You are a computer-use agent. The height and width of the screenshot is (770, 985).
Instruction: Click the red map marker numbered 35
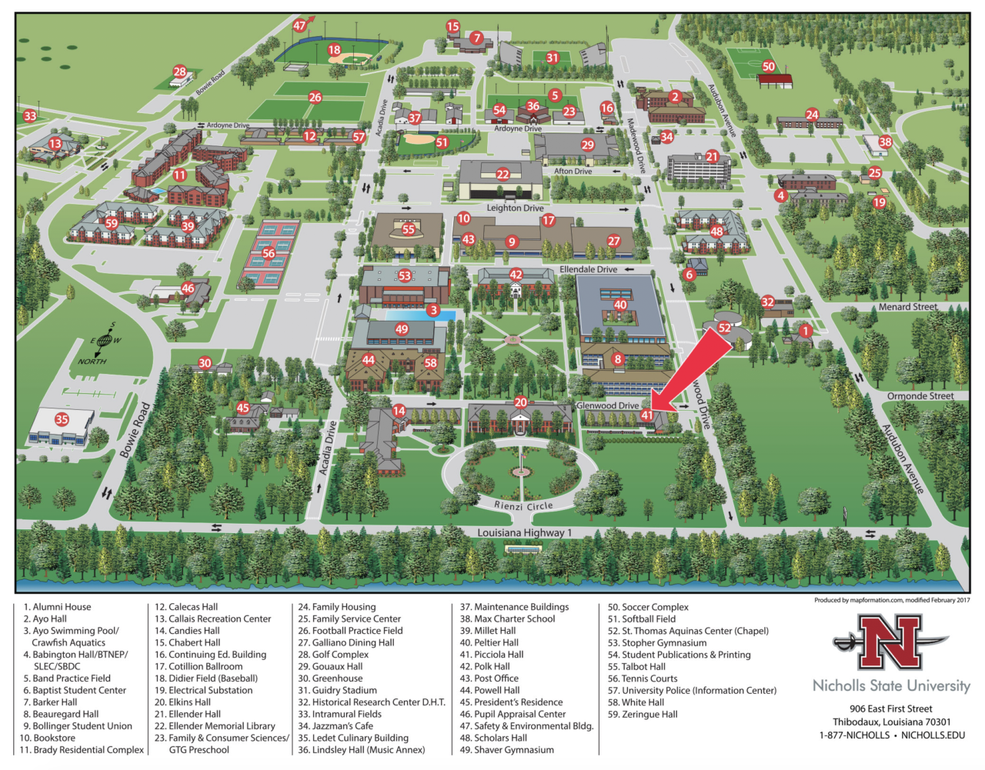(x=62, y=419)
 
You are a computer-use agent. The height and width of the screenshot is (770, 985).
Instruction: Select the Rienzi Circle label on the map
(x=523, y=506)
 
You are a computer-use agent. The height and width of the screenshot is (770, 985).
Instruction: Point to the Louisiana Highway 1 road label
(x=524, y=532)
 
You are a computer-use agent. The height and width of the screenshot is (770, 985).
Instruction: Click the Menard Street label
(x=908, y=307)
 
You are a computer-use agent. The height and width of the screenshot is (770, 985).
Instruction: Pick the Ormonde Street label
(x=920, y=396)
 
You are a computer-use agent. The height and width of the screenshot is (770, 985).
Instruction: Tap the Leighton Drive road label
(x=515, y=208)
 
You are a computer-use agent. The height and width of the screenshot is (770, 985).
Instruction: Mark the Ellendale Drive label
(x=588, y=269)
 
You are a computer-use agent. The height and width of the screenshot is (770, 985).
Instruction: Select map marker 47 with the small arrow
(x=300, y=25)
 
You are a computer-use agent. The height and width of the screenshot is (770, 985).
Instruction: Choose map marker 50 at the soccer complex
(x=768, y=67)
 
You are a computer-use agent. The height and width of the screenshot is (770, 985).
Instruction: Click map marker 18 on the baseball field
(x=334, y=50)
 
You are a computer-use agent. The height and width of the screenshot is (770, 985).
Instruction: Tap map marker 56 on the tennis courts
(x=269, y=253)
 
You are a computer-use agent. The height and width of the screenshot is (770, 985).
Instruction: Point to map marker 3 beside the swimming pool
(x=433, y=311)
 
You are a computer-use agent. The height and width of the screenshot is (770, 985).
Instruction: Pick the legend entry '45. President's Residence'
(x=511, y=702)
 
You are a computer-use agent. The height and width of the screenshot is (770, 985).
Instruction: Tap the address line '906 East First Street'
(x=890, y=708)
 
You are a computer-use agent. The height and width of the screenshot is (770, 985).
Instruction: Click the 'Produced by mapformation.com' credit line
(x=891, y=600)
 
